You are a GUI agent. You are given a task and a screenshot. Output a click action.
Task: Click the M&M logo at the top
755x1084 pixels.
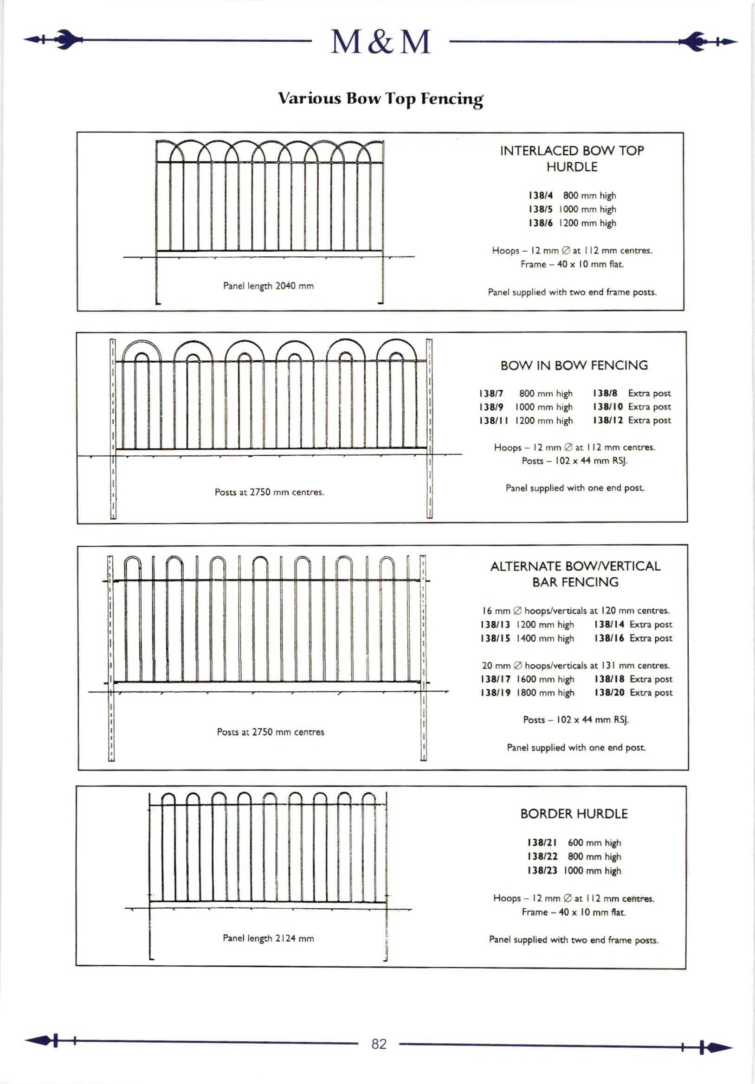coord(381,42)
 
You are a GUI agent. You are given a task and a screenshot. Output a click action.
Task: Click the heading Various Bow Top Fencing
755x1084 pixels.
coord(381,99)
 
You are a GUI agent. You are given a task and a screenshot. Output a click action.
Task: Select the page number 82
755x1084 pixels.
coord(379,1044)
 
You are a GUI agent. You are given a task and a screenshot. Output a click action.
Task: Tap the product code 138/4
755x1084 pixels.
coord(541,196)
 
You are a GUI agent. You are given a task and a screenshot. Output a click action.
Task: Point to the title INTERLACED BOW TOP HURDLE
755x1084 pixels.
coord(572,159)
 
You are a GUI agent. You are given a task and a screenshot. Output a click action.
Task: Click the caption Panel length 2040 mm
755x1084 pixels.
coord(268,286)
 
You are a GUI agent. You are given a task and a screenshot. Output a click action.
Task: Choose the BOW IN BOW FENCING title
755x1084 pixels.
coord(574,365)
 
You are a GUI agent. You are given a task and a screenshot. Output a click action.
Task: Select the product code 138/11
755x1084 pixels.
coord(493,421)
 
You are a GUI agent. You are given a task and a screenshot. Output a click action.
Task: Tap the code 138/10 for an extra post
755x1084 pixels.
coord(607,407)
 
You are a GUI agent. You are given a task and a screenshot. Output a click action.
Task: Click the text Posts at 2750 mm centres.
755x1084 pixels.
coord(269,492)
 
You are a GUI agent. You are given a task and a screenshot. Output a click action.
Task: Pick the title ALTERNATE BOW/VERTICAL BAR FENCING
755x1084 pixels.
coord(575,574)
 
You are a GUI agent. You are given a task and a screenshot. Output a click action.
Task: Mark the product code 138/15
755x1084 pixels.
coord(495,638)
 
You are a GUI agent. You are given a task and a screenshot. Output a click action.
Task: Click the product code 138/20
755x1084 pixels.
coord(609,693)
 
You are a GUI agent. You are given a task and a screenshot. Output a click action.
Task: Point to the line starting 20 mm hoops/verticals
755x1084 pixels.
coord(575,665)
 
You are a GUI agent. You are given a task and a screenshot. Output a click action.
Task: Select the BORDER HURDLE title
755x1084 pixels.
coord(574,814)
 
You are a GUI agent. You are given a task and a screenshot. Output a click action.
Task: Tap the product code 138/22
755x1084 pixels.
coord(542,856)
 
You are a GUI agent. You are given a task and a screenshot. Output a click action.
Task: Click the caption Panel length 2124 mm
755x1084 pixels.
coord(268,938)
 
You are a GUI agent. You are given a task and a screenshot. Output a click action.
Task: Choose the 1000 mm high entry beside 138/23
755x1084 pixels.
coord(593,871)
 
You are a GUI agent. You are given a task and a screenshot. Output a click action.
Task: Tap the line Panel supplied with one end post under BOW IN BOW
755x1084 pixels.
coord(575,488)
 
